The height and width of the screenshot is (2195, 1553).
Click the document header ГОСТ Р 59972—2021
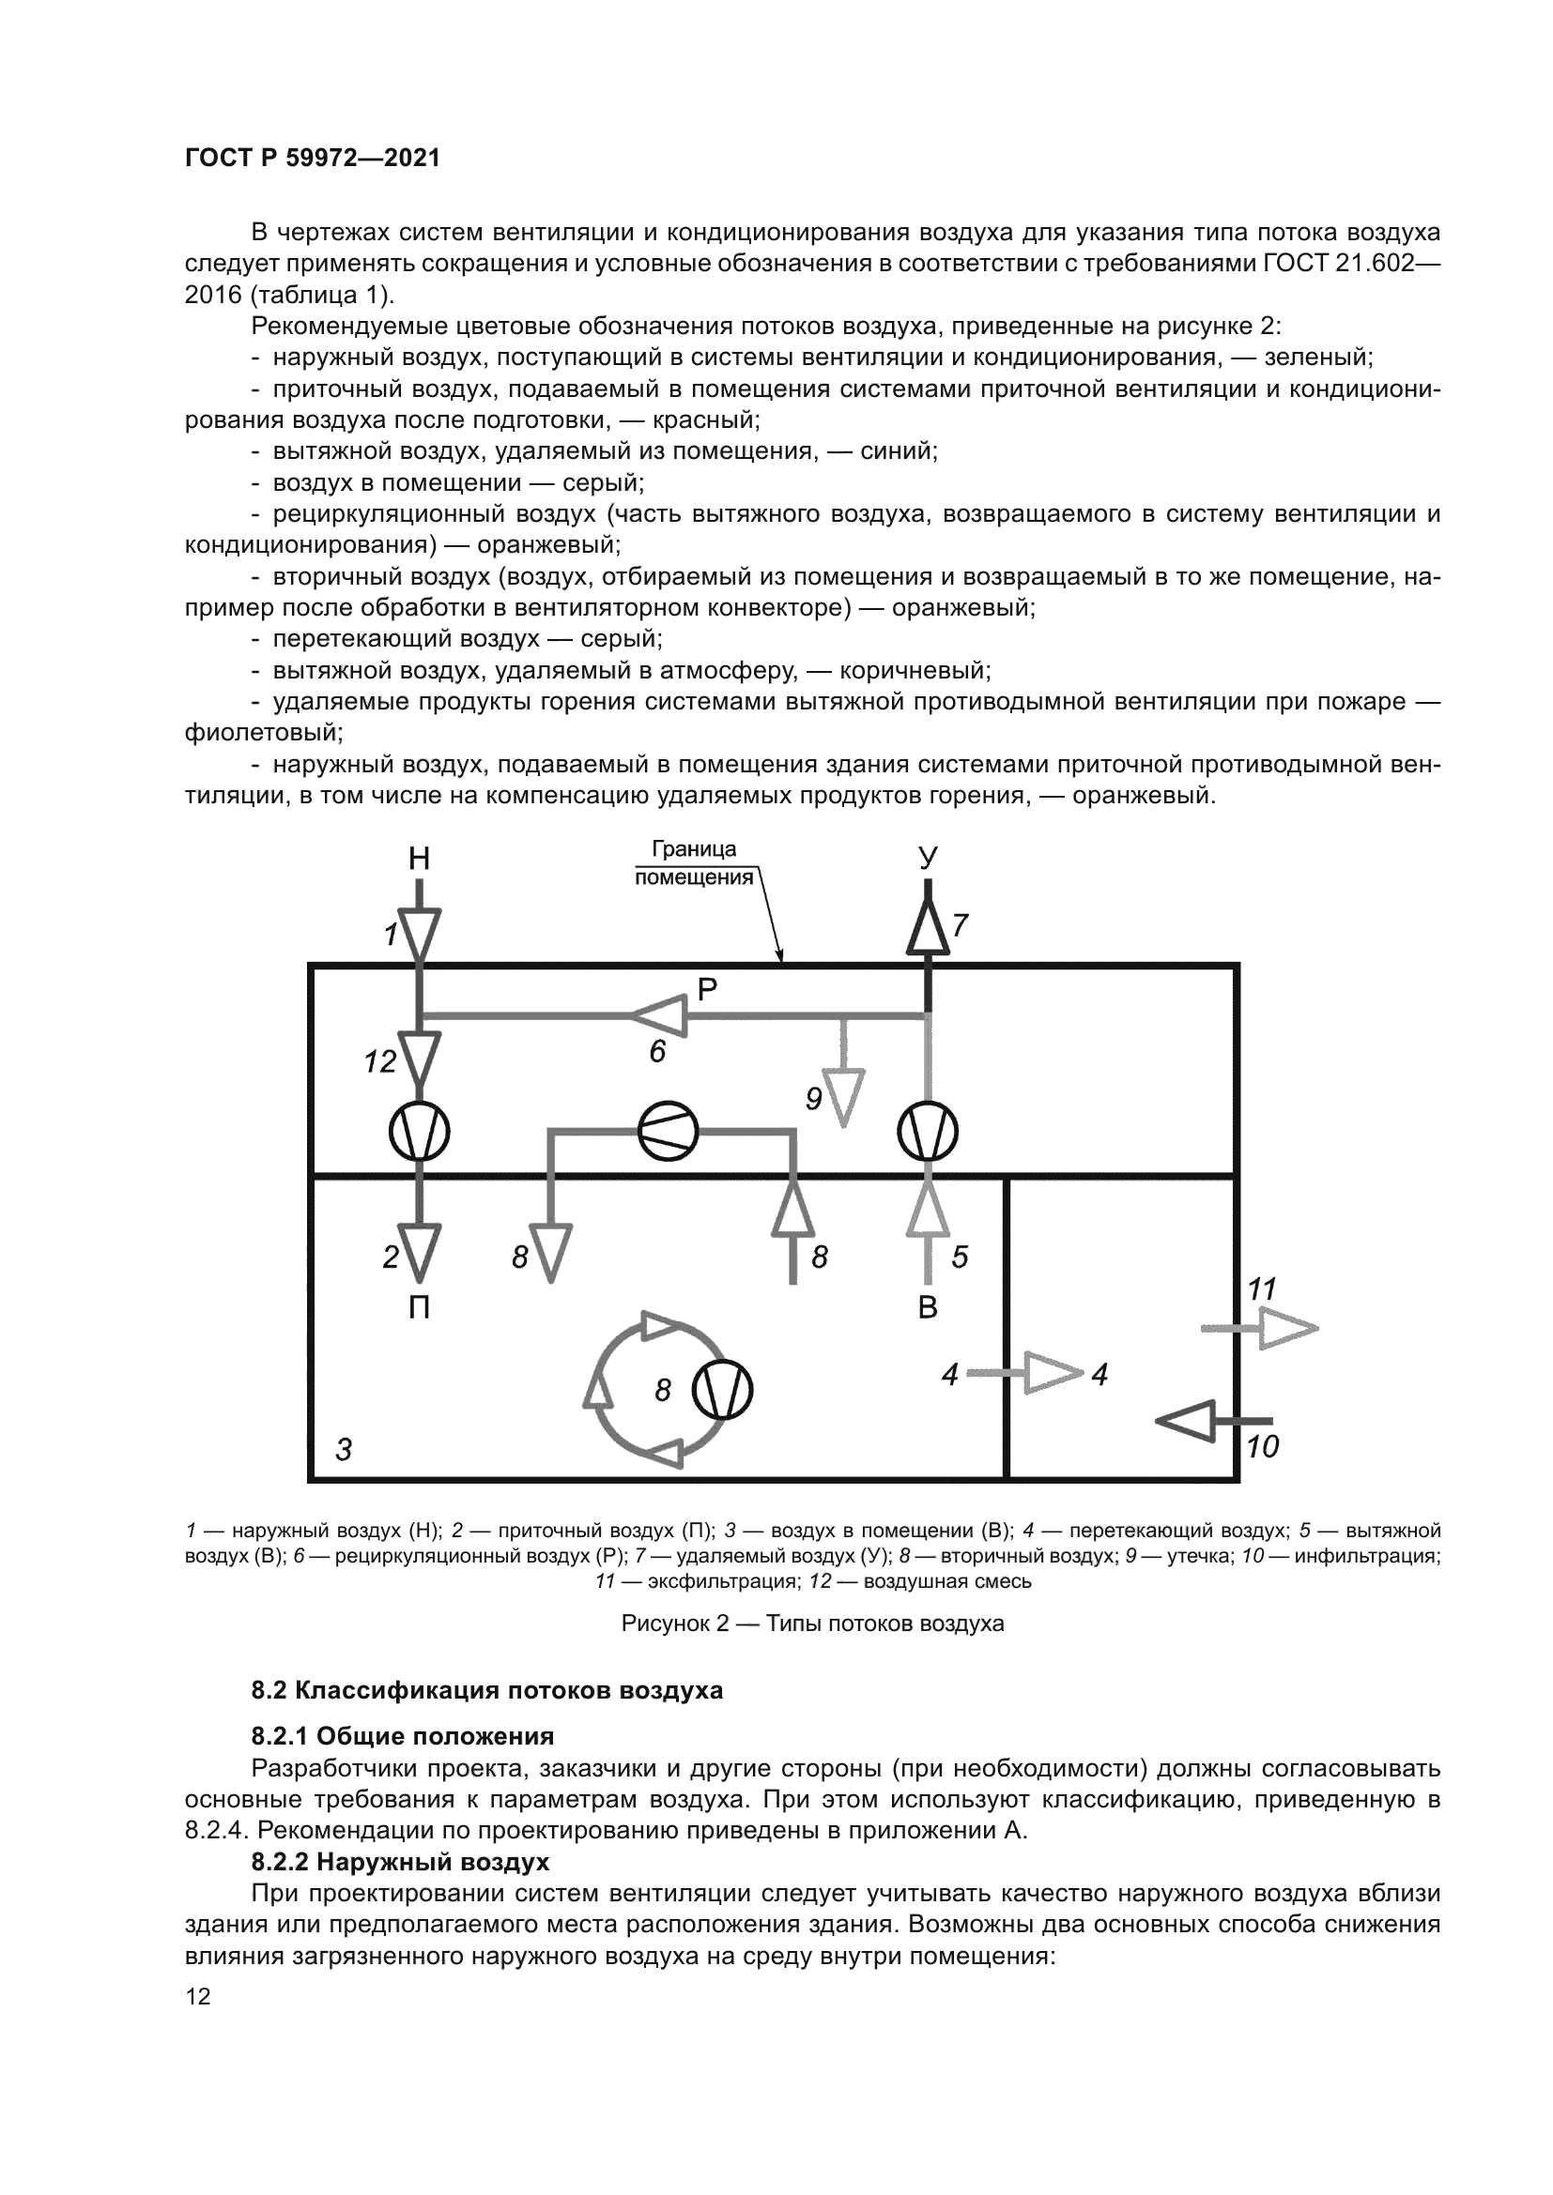313,158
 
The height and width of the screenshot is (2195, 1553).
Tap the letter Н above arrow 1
419,860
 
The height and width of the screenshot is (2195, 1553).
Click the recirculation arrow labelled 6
660,1015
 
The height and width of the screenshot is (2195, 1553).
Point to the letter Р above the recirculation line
707,989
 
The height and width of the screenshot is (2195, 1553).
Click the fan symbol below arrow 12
419,1133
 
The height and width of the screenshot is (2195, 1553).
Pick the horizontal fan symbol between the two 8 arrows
669,1132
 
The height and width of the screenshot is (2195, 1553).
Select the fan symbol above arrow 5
928,1133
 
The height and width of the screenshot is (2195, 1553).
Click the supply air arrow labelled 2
419,1254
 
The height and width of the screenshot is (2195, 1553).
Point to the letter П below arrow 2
419,1307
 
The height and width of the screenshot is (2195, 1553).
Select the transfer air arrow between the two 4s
1052,1373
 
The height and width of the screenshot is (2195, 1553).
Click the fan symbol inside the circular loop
722,1390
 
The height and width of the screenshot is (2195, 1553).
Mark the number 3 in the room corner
344,1450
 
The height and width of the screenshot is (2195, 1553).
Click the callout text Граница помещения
694,863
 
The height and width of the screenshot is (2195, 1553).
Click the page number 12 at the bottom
198,1997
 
